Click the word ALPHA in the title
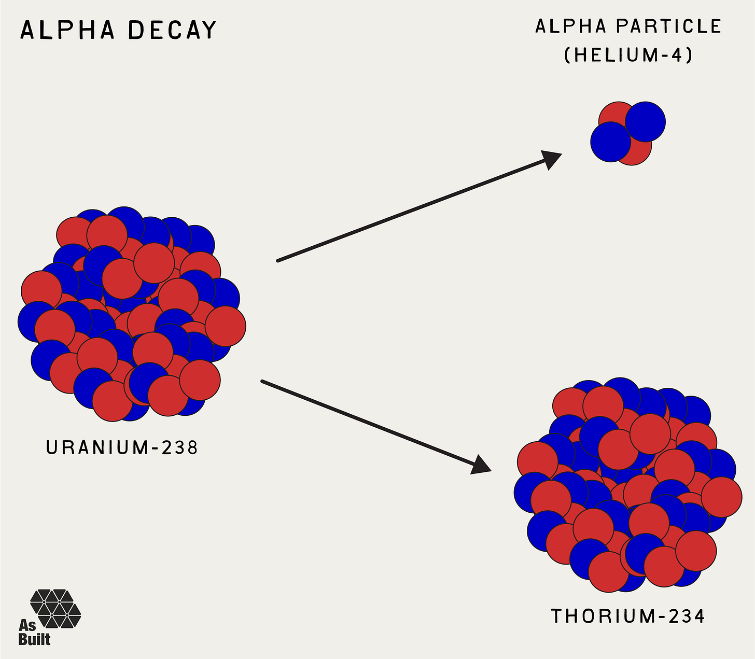pos(67,30)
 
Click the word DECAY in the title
pos(172,30)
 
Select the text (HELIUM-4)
pos(628,54)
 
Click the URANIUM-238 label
pos(122,447)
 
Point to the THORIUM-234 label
pos(627,616)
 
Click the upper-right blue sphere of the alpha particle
pos(646,122)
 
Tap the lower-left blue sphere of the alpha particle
pos(610,142)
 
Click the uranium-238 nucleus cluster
pos(131,314)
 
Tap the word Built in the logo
pos(34,639)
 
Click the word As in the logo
pos(27,625)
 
